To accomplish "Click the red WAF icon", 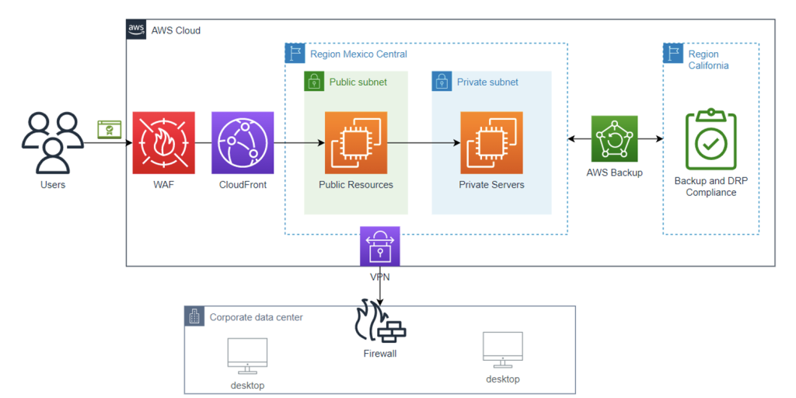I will (163, 143).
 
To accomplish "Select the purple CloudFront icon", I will (243, 143).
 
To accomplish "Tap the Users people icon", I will (53, 143).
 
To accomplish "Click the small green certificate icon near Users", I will (109, 130).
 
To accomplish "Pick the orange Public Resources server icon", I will (355, 143).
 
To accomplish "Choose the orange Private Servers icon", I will (491, 143).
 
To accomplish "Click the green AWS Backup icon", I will (614, 139).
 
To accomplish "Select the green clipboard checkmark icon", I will (710, 140).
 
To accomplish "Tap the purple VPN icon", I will (380, 246).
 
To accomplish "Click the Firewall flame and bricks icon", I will (380, 321).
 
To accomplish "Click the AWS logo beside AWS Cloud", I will (136, 30).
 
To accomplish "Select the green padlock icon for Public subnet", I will (313, 82).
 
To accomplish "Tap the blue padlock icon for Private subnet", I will (442, 82).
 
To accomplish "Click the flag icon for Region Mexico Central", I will (295, 54).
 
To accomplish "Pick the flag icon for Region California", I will (672, 54).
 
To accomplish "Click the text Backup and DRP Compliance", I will (710, 187).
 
